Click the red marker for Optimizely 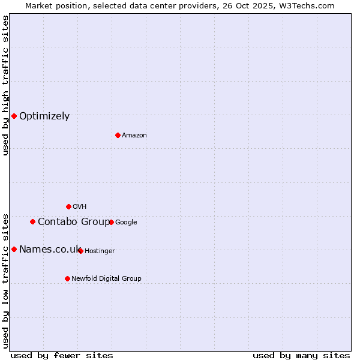14,116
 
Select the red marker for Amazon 118,135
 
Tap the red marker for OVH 68,206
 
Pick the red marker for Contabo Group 32,221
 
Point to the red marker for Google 111,222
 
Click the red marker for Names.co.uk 14,249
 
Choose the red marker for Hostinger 80,251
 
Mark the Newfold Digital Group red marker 67,278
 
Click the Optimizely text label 44,116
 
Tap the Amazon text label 134,136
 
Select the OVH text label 80,207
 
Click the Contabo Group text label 74,222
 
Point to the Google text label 126,223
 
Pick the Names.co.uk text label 49,250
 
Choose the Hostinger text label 100,251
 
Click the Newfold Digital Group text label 106,279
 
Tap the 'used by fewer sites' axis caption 62,355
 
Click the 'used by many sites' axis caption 301,355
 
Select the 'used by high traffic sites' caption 5,85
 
